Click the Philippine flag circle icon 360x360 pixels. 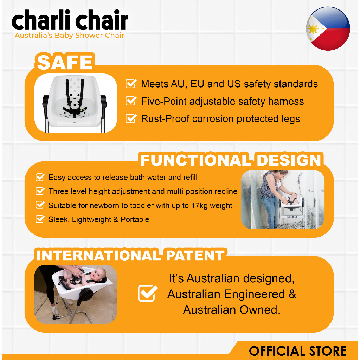(328, 28)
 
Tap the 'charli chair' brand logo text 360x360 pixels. (70, 20)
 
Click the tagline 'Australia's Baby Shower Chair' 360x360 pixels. (69, 36)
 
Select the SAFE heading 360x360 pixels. (65, 62)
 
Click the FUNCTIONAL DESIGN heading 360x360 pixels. (231, 160)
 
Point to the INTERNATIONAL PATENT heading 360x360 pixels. (130, 255)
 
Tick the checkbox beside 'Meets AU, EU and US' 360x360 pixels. (131, 84)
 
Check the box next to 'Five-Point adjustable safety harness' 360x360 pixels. (131, 101)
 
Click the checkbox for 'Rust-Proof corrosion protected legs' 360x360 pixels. (131, 118)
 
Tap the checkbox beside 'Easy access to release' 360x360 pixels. (40, 177)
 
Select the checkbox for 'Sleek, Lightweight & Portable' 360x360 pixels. (40, 219)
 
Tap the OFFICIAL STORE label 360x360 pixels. (298, 351)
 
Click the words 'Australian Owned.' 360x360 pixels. (232, 310)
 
